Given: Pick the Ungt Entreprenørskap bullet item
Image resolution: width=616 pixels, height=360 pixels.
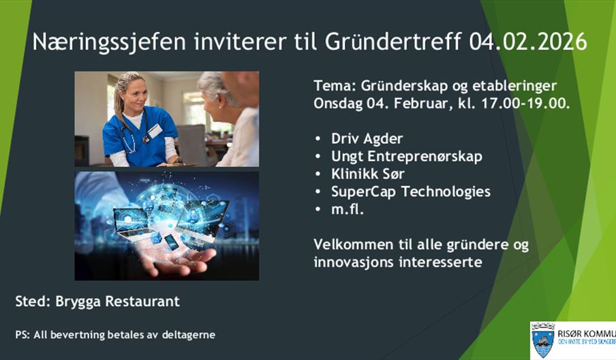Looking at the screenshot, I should tap(406, 156).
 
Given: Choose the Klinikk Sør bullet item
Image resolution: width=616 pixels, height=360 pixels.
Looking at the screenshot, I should tap(368, 174).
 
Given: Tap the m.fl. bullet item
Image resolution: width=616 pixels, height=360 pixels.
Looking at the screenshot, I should tap(348, 209).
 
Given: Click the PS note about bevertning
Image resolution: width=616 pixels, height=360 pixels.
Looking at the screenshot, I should tap(115, 335).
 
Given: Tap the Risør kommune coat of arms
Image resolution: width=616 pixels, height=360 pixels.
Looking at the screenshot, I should tap(542, 340).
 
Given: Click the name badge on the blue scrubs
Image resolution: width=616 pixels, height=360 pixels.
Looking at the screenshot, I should tap(155, 130).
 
